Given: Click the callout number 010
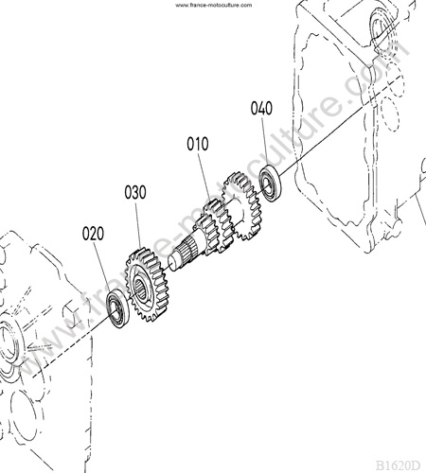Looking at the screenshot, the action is click(198, 144).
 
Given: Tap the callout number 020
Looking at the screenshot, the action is click(93, 234).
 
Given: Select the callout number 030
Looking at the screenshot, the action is click(135, 192).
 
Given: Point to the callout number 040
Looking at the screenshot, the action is click(261, 108).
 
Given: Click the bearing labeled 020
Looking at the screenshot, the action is click(118, 308).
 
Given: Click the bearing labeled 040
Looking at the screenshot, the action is click(271, 184).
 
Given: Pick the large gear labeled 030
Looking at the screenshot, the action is click(148, 285).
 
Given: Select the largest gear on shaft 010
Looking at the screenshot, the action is click(242, 205).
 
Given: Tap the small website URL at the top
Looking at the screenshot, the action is click(214, 5).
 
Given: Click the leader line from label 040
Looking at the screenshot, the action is click(265, 141).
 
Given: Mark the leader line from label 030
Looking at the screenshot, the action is click(138, 225).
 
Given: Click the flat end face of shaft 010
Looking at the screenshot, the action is click(172, 262).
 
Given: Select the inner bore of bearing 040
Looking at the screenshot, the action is click(268, 184).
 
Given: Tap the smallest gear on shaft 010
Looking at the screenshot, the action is click(206, 234).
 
